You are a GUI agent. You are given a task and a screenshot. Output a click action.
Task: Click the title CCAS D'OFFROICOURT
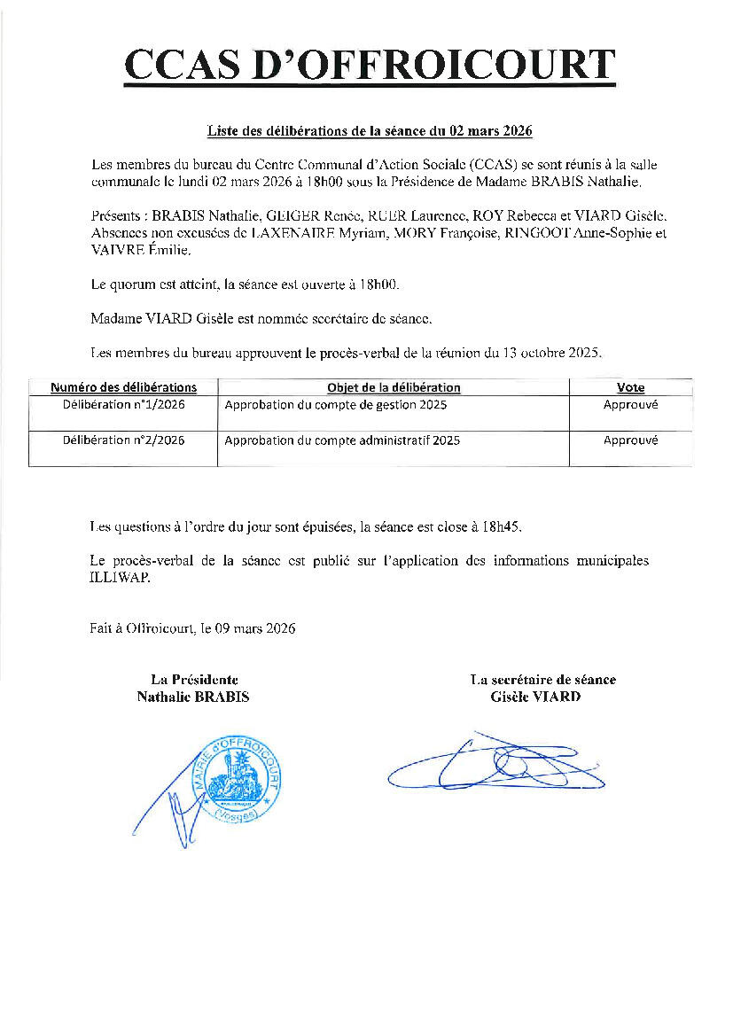[x=369, y=65]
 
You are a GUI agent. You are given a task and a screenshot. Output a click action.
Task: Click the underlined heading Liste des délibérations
[x=369, y=131]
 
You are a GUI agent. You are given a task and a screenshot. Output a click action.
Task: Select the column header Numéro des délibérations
[x=123, y=388]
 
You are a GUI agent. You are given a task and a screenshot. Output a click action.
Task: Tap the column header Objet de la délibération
[x=394, y=388]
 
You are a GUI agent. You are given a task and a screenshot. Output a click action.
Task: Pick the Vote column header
[x=630, y=388]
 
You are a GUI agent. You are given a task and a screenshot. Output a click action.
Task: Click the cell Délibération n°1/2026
[x=123, y=405]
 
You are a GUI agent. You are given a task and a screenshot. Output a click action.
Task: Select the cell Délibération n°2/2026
[x=123, y=440]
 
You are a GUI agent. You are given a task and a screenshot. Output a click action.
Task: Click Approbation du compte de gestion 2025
[x=336, y=405]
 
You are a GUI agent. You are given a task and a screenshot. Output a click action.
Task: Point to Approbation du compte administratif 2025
[x=342, y=440]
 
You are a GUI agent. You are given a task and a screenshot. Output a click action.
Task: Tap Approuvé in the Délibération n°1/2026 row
[x=630, y=405]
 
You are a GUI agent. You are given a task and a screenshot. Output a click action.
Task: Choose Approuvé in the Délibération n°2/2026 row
[x=630, y=440]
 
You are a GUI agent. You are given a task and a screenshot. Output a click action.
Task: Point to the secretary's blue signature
[x=496, y=764]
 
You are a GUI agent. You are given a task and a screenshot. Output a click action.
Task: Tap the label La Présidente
[x=193, y=680]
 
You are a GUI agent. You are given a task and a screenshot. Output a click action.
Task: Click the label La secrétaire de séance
[x=543, y=680]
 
